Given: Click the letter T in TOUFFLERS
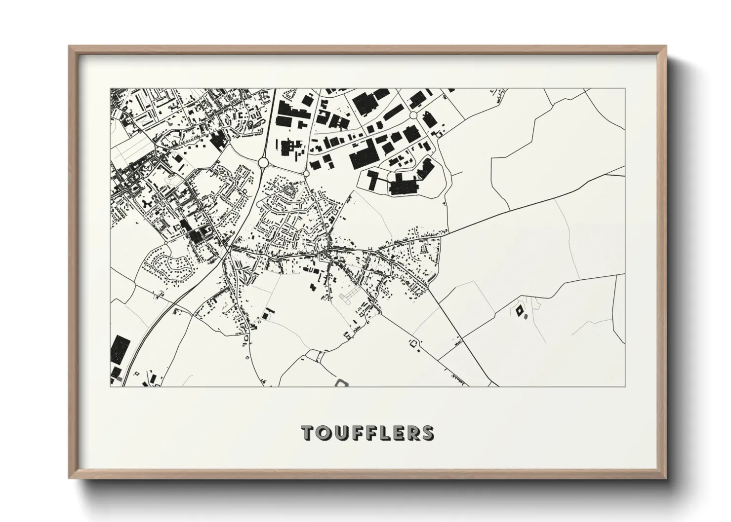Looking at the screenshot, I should [308, 433].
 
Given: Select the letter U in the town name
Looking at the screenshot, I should [341, 433].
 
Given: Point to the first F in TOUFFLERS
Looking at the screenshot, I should [357, 433].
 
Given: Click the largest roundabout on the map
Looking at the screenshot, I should [263, 162].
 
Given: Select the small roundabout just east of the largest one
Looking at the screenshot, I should [306, 174].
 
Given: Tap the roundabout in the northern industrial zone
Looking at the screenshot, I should [413, 115].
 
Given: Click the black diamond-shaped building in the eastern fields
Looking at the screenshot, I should [519, 311].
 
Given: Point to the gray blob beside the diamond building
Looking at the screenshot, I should [526, 315].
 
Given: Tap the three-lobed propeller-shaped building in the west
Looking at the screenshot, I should [147, 203].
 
